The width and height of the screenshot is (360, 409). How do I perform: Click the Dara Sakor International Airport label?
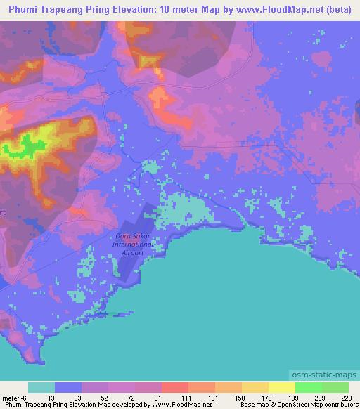(129, 245)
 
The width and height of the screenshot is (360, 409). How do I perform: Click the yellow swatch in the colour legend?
(281, 387)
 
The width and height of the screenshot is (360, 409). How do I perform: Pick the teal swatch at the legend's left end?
(41, 387)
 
